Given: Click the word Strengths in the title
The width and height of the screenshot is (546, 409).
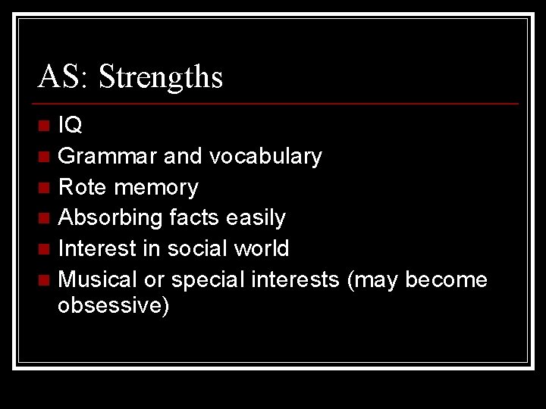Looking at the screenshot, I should pyautogui.click(x=161, y=77).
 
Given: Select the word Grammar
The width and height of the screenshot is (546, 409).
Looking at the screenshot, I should pyautogui.click(x=108, y=157).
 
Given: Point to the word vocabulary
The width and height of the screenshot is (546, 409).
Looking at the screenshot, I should pyautogui.click(x=265, y=157).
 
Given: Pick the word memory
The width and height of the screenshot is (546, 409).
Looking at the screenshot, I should pyautogui.click(x=154, y=188).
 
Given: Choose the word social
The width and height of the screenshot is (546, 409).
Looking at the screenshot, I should pyautogui.click(x=197, y=248).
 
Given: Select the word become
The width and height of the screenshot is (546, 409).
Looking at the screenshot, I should pyautogui.click(x=447, y=279).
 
